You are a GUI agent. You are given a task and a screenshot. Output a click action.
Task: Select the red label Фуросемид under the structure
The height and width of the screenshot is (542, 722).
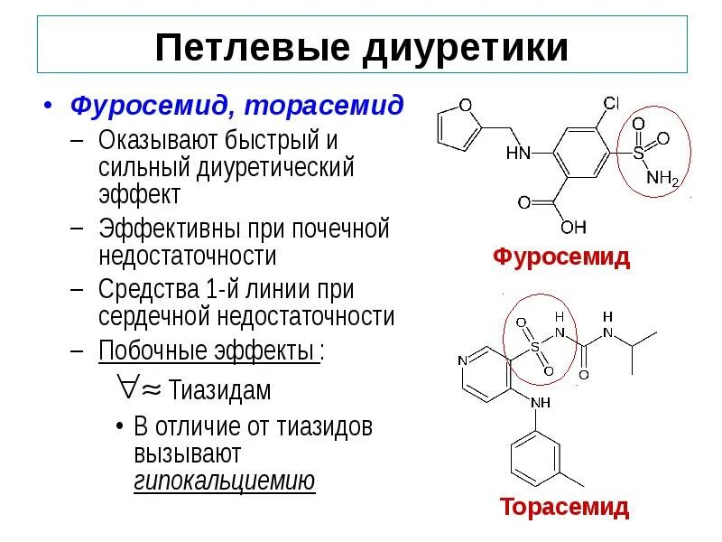(561, 257)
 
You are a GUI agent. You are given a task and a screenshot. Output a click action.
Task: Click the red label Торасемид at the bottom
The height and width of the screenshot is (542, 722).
(564, 507)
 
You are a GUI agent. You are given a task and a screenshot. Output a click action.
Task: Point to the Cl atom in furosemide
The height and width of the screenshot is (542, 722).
(611, 103)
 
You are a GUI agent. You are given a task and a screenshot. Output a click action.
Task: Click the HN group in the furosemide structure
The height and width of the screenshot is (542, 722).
(518, 154)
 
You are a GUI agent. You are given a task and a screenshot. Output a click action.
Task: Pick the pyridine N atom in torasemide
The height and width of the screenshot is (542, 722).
(462, 360)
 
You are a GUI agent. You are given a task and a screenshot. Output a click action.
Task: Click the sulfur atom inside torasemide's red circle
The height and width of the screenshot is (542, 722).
(533, 346)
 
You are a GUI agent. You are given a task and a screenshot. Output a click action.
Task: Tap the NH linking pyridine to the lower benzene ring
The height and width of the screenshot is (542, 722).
(540, 403)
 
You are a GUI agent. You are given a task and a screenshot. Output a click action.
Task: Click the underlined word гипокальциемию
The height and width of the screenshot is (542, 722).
(225, 480)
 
